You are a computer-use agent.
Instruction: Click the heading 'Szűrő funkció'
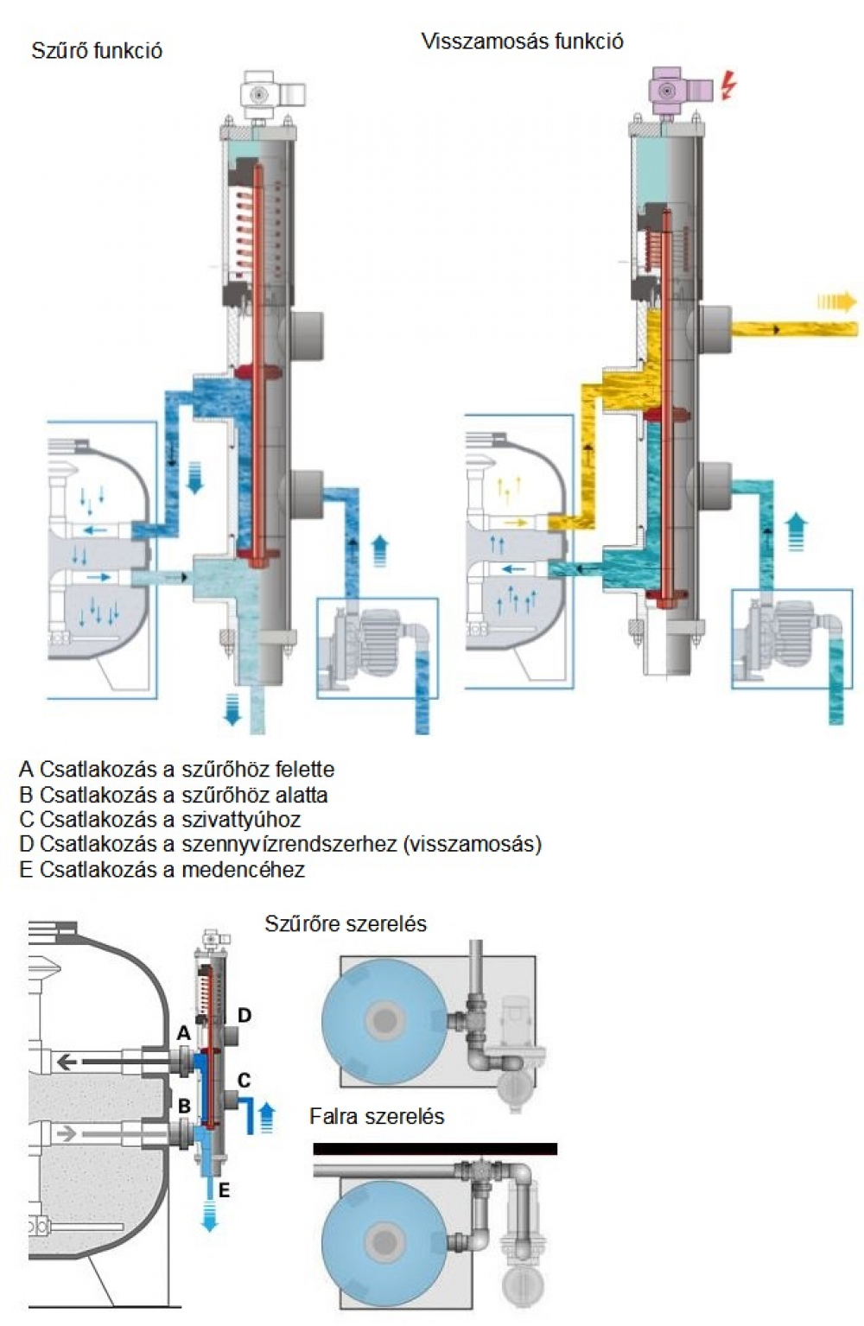pyautogui.click(x=96, y=50)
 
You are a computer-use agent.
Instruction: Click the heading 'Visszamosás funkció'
pyautogui.click(x=522, y=41)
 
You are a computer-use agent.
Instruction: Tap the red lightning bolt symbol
pyautogui.click(x=728, y=85)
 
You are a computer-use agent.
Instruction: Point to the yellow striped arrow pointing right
pyautogui.click(x=837, y=301)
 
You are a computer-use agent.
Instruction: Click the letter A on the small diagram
pyautogui.click(x=182, y=1032)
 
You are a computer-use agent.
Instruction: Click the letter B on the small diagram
pyautogui.click(x=183, y=1105)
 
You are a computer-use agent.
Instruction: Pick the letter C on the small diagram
pyautogui.click(x=245, y=1079)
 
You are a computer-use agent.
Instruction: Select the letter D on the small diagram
pyautogui.click(x=245, y=1014)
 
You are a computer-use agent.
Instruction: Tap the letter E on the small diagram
pyautogui.click(x=224, y=1190)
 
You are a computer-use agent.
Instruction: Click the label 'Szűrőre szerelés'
pyautogui.click(x=346, y=923)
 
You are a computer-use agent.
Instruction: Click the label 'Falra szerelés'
pyautogui.click(x=377, y=1116)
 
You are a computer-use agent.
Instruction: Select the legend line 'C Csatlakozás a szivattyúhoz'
pyautogui.click(x=160, y=819)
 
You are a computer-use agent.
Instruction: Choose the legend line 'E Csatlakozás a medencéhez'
pyautogui.click(x=162, y=869)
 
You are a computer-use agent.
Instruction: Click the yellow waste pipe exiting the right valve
pyautogui.click(x=795, y=328)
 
